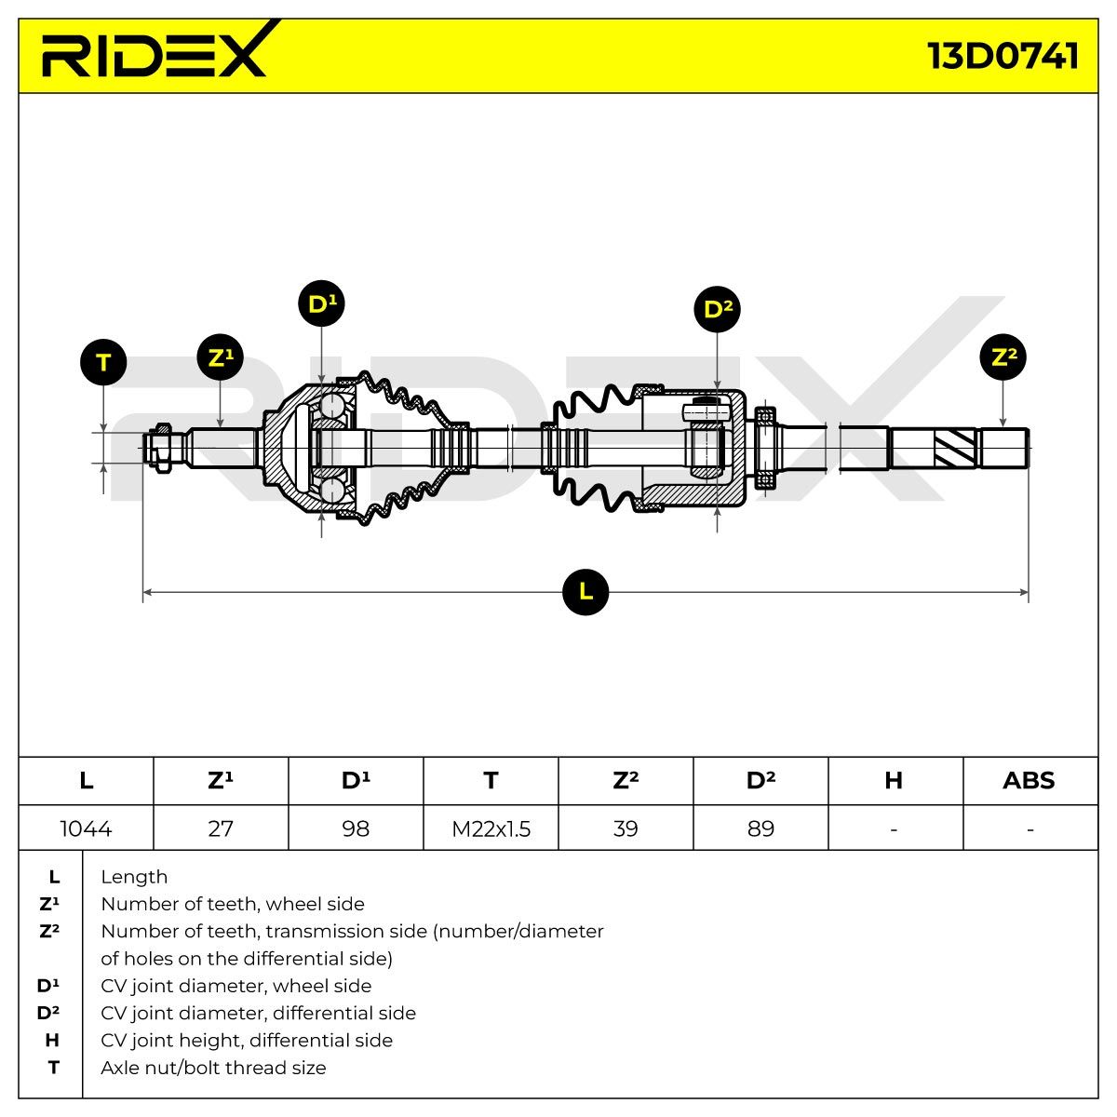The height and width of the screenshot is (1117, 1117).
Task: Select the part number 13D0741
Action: pos(1003,56)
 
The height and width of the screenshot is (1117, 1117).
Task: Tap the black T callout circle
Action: pos(103,362)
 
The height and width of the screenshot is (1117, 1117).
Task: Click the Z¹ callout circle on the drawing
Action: pos(221,357)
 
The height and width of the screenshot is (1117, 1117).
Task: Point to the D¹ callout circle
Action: pos(322,303)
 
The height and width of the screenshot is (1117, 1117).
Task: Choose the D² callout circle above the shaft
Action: pos(718,309)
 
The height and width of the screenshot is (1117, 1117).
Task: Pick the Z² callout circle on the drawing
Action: pos(1003,357)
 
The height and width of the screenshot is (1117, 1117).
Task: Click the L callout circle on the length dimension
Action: pos(585,592)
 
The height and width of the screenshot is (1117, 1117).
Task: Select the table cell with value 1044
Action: pos(86,828)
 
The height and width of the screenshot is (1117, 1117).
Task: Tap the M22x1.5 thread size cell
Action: pos(491,828)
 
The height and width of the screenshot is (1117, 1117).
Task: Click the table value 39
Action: pos(626,828)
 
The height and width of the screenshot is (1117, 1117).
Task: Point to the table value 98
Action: pos(356,828)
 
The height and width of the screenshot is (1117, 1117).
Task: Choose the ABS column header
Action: pos(1029,780)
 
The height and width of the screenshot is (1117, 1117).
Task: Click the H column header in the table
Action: pos(894,780)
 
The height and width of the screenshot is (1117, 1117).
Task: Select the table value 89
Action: pos(761,828)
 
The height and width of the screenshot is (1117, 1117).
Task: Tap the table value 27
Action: pos(221,828)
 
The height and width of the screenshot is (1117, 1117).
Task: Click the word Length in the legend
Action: pos(134,877)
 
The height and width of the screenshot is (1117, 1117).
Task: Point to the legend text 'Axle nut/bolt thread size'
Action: pos(213,1067)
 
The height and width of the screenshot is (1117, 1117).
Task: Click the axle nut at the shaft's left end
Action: pos(162,448)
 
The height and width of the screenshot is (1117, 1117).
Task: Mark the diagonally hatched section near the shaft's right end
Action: pos(955,448)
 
